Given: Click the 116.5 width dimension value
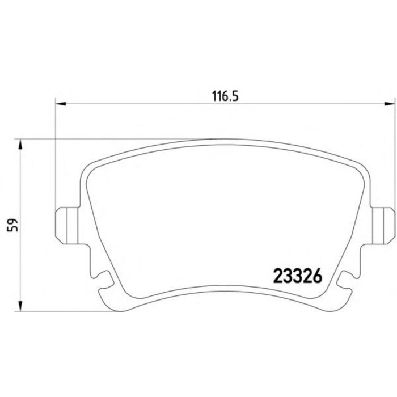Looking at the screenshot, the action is (x=225, y=96).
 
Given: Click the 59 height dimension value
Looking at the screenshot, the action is (x=13, y=225).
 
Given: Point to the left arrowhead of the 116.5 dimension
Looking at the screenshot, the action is (x=61, y=104).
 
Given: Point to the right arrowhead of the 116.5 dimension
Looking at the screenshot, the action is (x=390, y=104).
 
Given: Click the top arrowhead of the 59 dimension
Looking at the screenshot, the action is (x=20, y=144).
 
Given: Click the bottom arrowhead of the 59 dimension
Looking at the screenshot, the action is (x=20, y=306).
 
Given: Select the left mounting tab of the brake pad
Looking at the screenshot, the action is (x=67, y=226).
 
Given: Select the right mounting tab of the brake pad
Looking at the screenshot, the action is (x=383, y=226).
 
